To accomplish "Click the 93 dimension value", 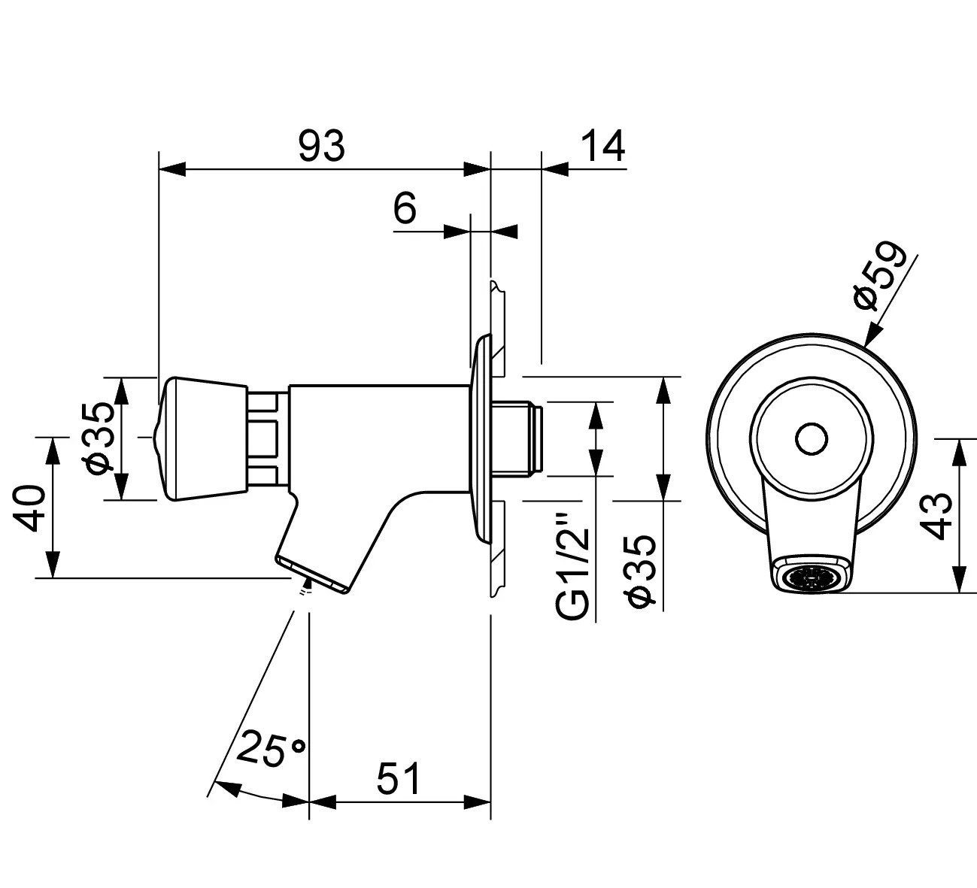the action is [321, 146].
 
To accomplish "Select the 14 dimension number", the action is [603, 146].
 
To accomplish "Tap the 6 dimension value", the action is [405, 208].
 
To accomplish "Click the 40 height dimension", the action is [30, 508].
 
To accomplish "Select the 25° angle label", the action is [271, 750].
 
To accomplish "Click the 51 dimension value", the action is [398, 779].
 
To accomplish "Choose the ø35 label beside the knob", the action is [100, 438].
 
